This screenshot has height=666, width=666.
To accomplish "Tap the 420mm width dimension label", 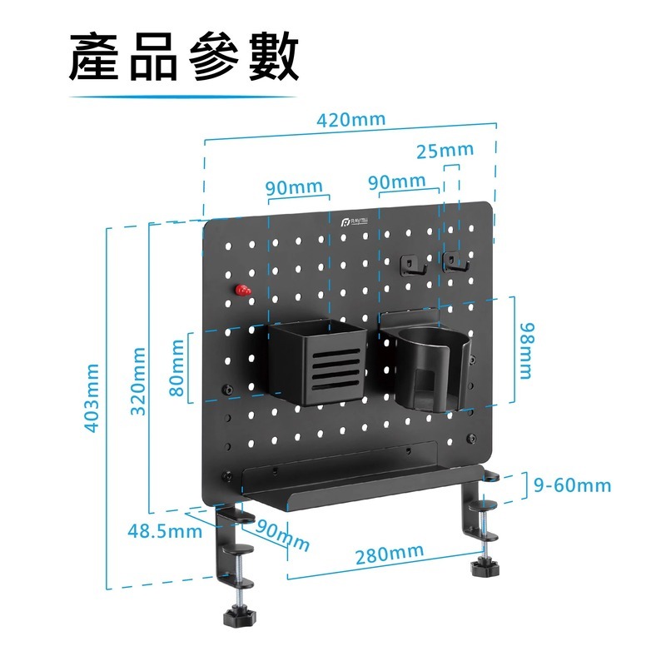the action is click(x=350, y=118).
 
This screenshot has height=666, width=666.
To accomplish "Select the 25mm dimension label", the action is click(x=445, y=151).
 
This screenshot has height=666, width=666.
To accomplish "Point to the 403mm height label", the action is click(x=92, y=398).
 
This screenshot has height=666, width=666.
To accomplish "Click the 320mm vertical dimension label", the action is click(x=138, y=380).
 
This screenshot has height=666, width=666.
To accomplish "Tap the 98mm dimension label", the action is click(x=524, y=350).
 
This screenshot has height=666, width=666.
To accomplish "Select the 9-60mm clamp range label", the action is click(x=572, y=485).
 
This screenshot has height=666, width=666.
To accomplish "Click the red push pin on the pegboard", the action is click(x=243, y=291).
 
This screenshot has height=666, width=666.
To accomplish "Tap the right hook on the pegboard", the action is click(x=455, y=262).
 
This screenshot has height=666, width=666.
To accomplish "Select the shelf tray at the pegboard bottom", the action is click(x=350, y=491).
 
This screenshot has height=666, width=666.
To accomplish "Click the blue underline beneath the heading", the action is click(x=182, y=97).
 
